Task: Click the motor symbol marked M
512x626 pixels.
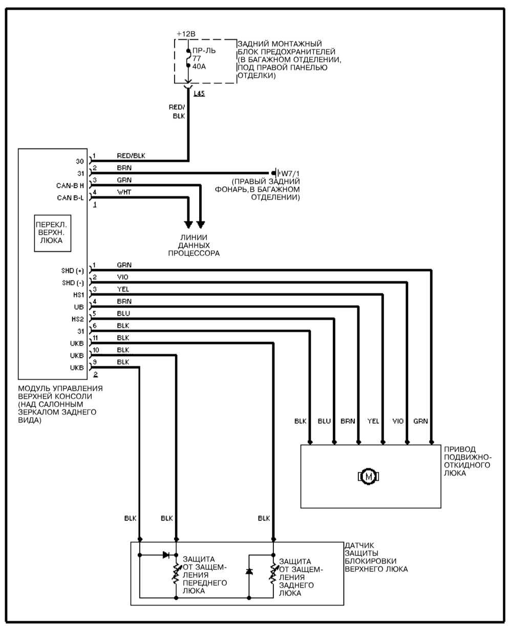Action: click(368, 477)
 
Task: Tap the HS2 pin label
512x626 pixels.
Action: click(77, 319)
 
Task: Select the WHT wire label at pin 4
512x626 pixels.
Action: click(123, 192)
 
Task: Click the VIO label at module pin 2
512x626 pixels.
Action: click(122, 277)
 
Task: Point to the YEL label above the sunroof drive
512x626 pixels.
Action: click(373, 421)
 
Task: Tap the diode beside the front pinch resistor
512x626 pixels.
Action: click(166, 554)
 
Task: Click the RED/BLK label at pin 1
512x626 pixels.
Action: click(131, 156)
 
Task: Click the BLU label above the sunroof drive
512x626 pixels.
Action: click(324, 421)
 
